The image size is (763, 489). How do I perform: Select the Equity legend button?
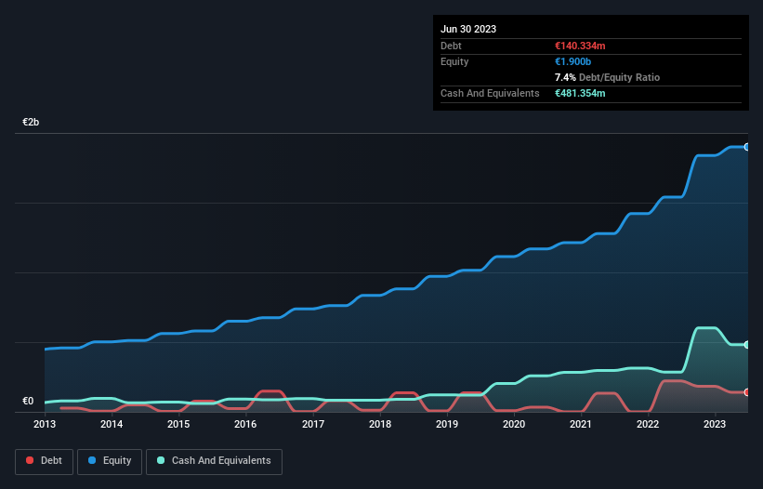pyautogui.click(x=110, y=460)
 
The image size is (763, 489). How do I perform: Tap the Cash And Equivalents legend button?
pyautogui.click(x=214, y=460)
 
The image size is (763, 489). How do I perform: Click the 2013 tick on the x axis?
pyautogui.click(x=45, y=424)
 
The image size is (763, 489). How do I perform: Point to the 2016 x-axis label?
pyautogui.click(x=245, y=424)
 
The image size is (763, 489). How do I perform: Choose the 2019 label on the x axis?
pyautogui.click(x=447, y=424)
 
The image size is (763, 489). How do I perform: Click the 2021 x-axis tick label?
pyautogui.click(x=581, y=424)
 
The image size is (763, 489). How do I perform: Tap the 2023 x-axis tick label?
pyautogui.click(x=715, y=424)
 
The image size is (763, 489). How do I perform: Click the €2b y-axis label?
pyautogui.click(x=32, y=123)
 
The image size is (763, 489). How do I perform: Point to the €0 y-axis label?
pyautogui.click(x=28, y=402)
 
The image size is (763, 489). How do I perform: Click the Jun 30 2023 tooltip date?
pyautogui.click(x=468, y=29)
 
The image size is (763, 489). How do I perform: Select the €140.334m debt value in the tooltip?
pyautogui.click(x=580, y=46)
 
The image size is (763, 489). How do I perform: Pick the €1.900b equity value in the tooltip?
pyautogui.click(x=573, y=61)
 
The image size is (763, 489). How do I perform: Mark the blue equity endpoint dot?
pyautogui.click(x=746, y=147)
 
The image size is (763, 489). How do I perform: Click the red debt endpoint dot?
pyautogui.click(x=746, y=392)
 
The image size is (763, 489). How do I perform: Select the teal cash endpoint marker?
pyautogui.click(x=746, y=345)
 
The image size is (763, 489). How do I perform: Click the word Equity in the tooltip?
pyautogui.click(x=454, y=61)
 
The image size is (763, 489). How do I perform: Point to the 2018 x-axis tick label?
pyautogui.click(x=379, y=424)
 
